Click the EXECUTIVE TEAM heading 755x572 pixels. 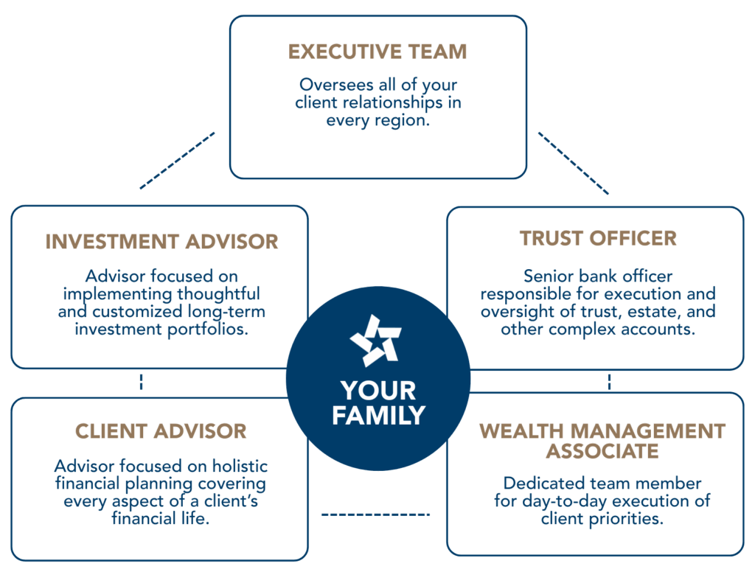pos(377,52)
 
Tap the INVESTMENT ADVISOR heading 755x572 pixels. pos(161,241)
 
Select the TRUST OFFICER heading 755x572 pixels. pos(598,238)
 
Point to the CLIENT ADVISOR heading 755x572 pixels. pos(161,430)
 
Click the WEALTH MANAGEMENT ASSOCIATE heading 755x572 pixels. pos(602,439)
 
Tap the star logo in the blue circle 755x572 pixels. pos(376,341)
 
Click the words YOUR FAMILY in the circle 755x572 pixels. pos(378,402)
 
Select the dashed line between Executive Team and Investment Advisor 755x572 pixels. pos(178,161)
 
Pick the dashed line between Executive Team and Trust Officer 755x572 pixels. pos(573,163)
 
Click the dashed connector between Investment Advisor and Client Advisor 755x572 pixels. pos(141,382)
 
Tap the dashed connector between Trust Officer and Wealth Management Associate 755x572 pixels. pos(610,381)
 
